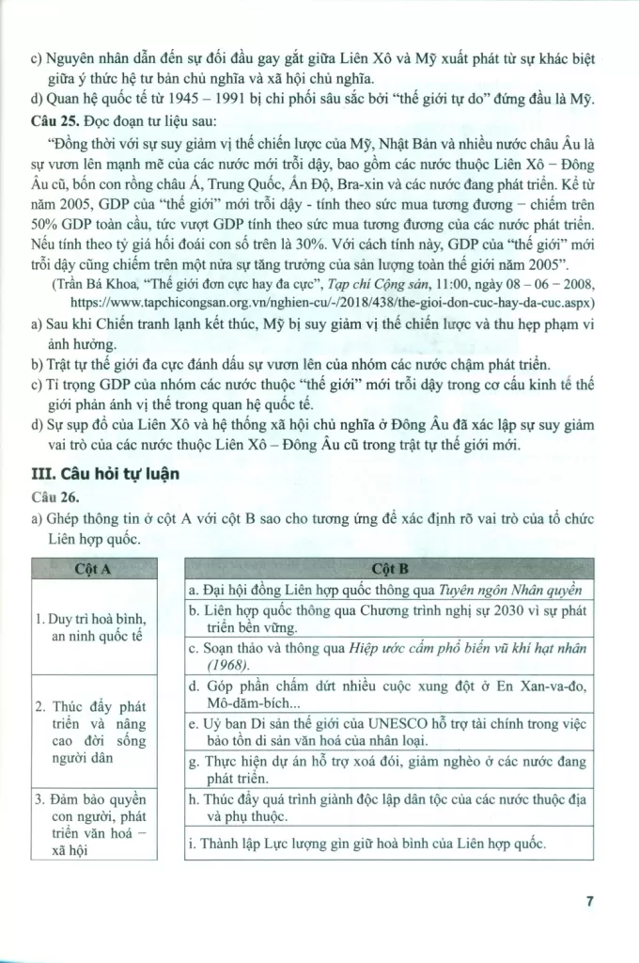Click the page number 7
(x=588, y=901)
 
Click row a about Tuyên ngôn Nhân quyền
(x=385, y=590)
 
